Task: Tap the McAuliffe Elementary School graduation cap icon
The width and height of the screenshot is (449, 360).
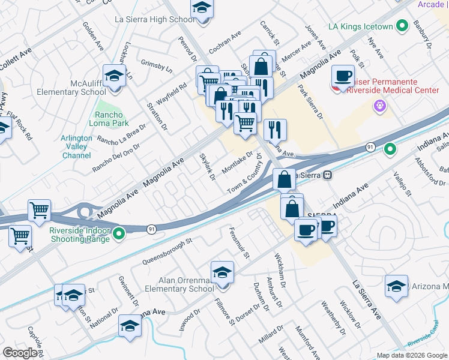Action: click(x=113, y=76)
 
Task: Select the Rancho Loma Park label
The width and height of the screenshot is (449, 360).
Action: click(x=109, y=119)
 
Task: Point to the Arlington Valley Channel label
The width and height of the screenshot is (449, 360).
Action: click(x=77, y=146)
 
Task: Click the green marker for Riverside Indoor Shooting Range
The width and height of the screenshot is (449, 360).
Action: click(x=119, y=233)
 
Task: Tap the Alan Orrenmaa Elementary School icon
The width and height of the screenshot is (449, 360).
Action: click(x=222, y=273)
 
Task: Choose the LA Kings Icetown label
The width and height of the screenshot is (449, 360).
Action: click(x=360, y=26)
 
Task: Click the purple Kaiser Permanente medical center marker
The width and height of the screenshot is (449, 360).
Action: click(x=379, y=107)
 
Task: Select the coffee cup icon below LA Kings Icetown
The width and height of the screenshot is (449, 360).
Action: click(x=343, y=76)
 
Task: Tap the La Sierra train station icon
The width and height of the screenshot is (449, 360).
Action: click(x=328, y=175)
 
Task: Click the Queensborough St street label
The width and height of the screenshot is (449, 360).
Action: click(x=167, y=251)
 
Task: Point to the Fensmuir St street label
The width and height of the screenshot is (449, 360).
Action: click(x=240, y=243)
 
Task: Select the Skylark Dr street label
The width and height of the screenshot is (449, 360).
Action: click(x=207, y=167)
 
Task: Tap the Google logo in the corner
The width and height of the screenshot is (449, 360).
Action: click(x=20, y=352)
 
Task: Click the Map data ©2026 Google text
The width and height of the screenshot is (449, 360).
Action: click(x=411, y=355)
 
